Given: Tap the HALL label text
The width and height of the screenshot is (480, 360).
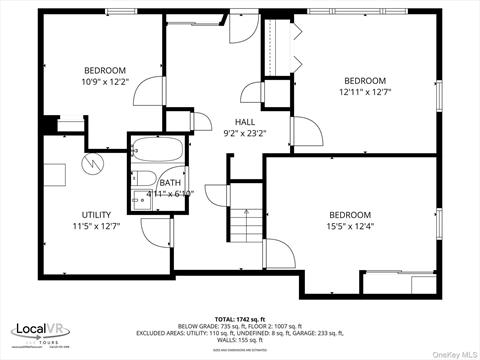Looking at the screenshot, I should (244, 120).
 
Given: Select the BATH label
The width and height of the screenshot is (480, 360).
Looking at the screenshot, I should (169, 183).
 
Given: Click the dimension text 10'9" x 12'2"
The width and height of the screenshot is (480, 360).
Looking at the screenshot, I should (105, 82).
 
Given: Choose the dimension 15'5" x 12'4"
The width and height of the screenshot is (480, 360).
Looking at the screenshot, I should (350, 227).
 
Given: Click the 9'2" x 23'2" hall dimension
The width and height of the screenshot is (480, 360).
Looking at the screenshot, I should (244, 132).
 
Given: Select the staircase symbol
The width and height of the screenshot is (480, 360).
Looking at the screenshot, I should (246, 225).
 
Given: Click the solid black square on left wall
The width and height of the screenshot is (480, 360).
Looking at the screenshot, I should (49, 127).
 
